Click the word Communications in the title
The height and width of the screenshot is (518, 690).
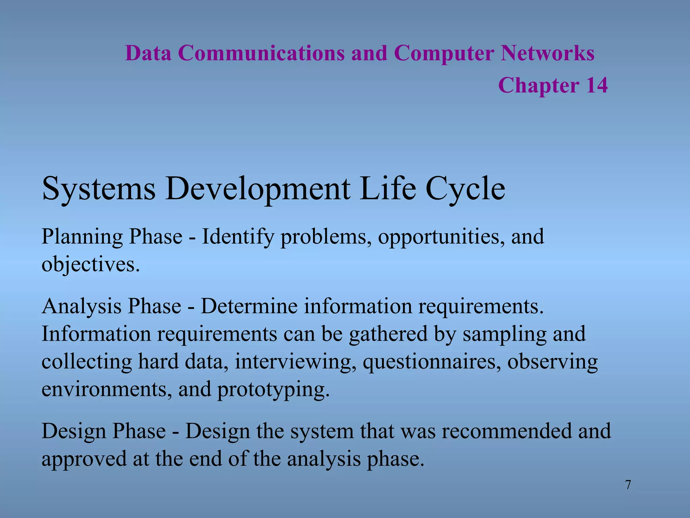261,53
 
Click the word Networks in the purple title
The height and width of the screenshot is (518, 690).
547,53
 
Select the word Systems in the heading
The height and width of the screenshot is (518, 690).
99,189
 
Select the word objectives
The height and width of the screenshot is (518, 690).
90,264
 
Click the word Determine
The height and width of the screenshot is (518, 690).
249,306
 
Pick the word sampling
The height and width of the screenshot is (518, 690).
504,334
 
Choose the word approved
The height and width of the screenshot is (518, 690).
84,459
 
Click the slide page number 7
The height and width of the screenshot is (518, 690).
628,485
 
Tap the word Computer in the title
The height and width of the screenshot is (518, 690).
444,53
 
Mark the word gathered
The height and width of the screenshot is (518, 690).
388,334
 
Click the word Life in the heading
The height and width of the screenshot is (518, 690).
387,189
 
